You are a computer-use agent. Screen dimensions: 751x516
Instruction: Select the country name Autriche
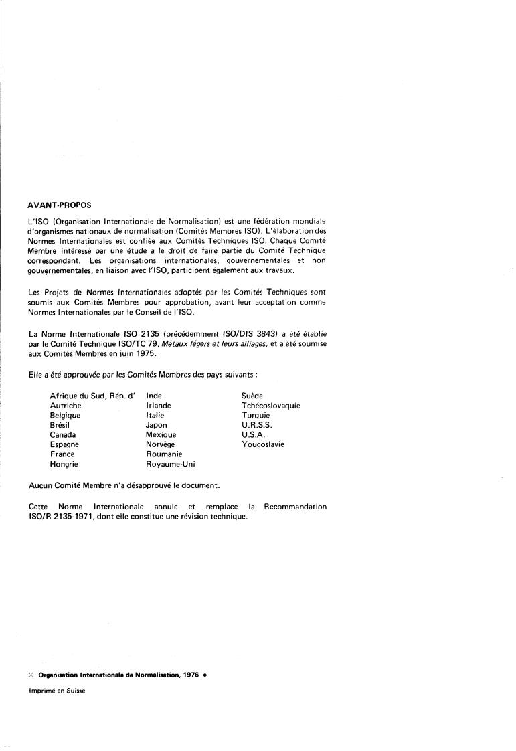66,406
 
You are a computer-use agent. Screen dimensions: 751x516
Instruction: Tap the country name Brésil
60,425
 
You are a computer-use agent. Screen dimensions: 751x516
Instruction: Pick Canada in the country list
63,434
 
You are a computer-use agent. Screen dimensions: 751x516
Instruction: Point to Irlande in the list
159,406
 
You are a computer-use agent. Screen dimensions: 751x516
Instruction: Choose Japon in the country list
157,425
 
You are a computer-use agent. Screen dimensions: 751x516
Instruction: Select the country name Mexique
161,434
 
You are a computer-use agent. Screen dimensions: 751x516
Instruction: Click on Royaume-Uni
171,463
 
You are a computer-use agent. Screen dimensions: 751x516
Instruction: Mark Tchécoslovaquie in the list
271,406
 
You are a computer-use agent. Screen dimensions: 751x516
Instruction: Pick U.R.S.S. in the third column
258,425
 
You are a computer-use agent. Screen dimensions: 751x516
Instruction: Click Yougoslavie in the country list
263,444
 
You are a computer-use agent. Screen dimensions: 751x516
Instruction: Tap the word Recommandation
295,507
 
